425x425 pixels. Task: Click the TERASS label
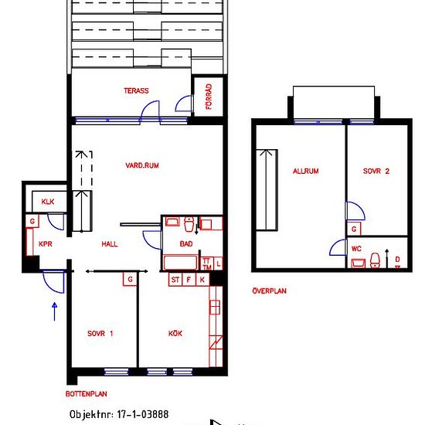click(x=136, y=90)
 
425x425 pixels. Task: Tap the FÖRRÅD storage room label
click(x=209, y=97)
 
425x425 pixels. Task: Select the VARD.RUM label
click(x=142, y=165)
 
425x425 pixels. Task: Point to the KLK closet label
click(x=48, y=202)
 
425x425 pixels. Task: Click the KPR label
click(x=46, y=244)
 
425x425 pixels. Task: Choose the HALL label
click(x=110, y=244)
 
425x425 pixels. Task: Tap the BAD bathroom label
click(x=186, y=244)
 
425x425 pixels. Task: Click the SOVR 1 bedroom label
click(x=100, y=333)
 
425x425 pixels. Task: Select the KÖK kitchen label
click(x=175, y=333)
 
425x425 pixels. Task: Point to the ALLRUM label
click(x=306, y=171)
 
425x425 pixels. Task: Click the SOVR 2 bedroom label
click(x=376, y=171)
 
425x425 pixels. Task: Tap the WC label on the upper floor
click(x=356, y=249)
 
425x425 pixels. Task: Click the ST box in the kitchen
click(x=175, y=280)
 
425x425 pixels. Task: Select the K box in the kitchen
click(x=202, y=280)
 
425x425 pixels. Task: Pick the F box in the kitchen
click(x=189, y=280)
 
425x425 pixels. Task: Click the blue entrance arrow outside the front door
click(x=55, y=311)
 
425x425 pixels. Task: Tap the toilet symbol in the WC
click(x=375, y=260)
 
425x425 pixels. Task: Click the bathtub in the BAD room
click(x=180, y=263)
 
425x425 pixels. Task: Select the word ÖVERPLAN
click(x=269, y=291)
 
